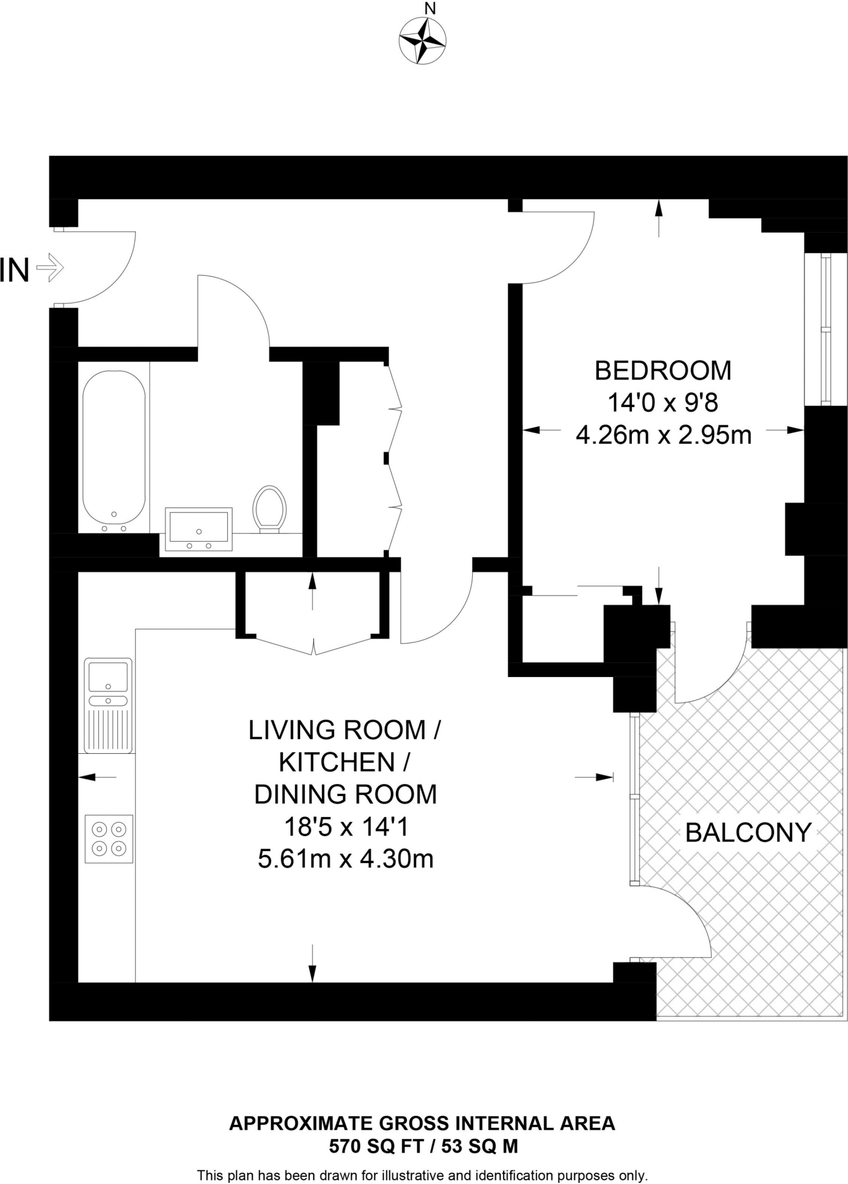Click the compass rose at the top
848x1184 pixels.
tap(422, 40)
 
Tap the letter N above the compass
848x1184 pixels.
tap(429, 9)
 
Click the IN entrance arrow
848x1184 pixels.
tap(50, 268)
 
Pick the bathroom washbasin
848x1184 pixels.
tap(198, 529)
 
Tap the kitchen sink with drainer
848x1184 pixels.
tap(108, 705)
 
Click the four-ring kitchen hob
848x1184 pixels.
tap(109, 838)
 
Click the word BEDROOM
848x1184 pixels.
tap(662, 371)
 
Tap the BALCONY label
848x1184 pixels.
tap(748, 832)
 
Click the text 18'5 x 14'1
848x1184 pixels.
tap(346, 827)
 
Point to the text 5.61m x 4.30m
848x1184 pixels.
tap(346, 859)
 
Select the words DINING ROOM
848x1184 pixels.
tap(346, 794)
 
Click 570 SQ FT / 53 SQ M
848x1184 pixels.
tap(423, 1146)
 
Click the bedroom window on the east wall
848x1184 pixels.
tap(825, 330)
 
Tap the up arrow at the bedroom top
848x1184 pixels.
tap(658, 217)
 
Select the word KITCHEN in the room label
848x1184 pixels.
tap(336, 762)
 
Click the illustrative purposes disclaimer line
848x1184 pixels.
tap(422, 1175)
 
